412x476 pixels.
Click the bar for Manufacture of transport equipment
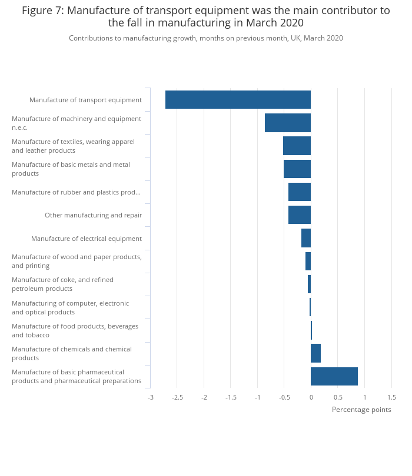tap(238, 99)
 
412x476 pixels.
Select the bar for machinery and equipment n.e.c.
tap(288, 123)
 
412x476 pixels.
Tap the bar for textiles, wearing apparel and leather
tap(297, 146)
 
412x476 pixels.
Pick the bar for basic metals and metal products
tap(297, 169)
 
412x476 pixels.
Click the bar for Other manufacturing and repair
tap(300, 215)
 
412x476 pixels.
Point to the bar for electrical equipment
tap(306, 238)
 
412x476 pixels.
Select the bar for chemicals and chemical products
tap(315, 353)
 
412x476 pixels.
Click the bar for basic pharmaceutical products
tap(334, 377)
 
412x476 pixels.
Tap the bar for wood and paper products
tap(308, 261)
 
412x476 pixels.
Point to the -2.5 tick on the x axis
tap(177, 397)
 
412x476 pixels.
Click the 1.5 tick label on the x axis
tap(391, 397)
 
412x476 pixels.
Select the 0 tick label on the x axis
tap(311, 397)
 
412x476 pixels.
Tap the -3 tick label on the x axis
tap(151, 397)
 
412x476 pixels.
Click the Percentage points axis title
tap(361, 410)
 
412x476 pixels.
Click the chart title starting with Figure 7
tap(206, 16)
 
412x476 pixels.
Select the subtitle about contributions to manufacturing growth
tap(206, 38)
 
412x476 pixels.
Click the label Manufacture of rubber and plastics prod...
tap(76, 192)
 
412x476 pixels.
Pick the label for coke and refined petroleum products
tap(62, 284)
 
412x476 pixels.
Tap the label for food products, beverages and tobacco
tap(75, 331)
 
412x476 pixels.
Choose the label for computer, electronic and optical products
tap(70, 307)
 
